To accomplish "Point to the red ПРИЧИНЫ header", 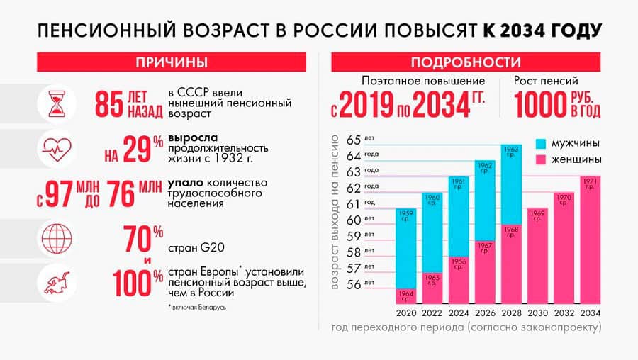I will (172, 62).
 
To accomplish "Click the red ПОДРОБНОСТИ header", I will (466, 62).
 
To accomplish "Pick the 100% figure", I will (139, 282).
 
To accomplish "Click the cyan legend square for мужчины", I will (541, 143).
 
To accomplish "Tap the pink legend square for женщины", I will (541, 159).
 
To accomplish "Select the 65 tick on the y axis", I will (354, 138).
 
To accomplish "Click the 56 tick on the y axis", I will (354, 285).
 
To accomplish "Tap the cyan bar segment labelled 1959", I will (407, 248).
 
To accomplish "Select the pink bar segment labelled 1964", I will (407, 296).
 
